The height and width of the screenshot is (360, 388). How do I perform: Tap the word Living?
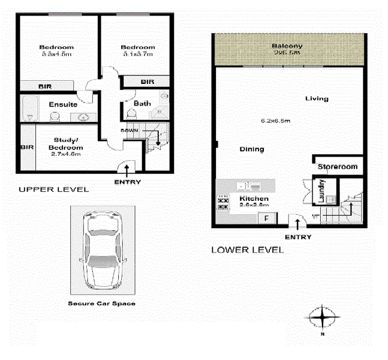316,98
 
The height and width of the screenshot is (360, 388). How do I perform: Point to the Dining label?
251,149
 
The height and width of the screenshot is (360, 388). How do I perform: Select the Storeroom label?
337,167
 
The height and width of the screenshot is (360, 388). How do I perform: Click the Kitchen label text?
254,199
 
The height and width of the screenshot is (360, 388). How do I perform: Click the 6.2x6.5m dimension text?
276,121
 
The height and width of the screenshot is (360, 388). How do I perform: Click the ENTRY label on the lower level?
298,237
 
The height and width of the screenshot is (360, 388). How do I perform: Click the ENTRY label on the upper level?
127,182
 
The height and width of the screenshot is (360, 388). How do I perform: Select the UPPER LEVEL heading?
53,190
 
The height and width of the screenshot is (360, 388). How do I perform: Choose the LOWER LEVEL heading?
247,250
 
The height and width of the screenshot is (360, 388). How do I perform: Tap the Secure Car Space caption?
101,304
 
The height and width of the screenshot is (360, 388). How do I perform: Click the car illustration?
101,251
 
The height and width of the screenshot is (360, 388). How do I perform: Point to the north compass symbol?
322,316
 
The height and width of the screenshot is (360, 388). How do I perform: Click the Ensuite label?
62,104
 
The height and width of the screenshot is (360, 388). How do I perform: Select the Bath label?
142,103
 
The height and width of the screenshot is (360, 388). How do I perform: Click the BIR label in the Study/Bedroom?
26,147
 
